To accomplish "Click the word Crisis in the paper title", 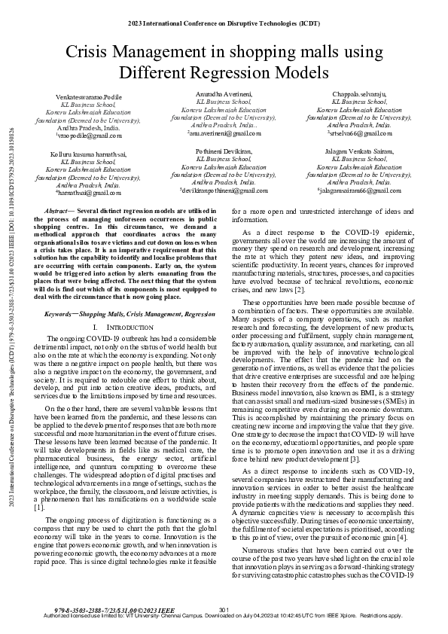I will (x=88, y=51).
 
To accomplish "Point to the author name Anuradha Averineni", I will (x=224, y=93).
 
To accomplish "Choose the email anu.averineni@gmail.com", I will (x=224, y=133).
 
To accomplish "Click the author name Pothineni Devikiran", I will (x=224, y=151).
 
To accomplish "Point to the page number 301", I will (x=224, y=608).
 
